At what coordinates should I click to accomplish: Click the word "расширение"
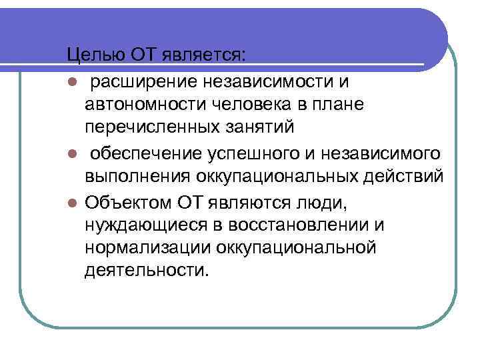tap(141, 82)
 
